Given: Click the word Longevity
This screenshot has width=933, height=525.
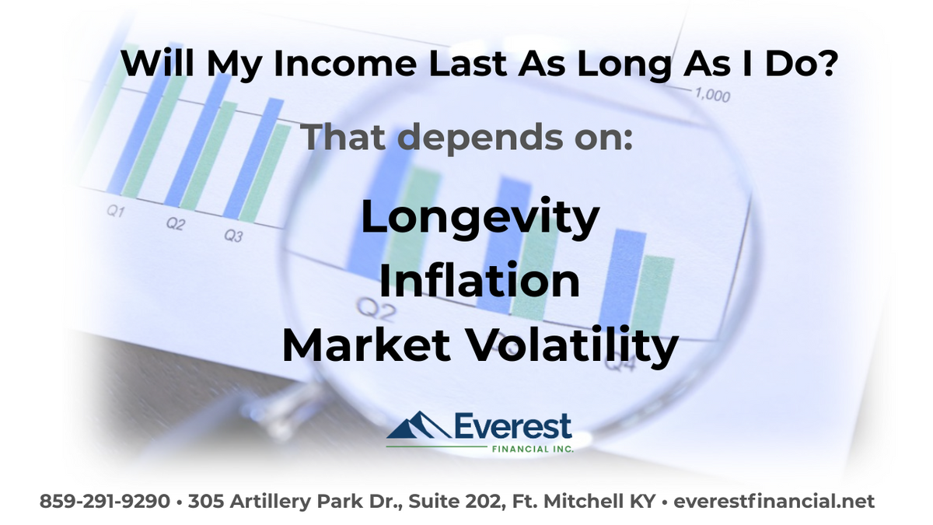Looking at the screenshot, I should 480,219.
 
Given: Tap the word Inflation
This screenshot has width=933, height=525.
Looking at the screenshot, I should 479,282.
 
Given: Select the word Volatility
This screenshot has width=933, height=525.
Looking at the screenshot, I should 573,346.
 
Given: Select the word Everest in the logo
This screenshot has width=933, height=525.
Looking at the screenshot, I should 512,425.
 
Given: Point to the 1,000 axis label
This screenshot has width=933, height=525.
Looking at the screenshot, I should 712,96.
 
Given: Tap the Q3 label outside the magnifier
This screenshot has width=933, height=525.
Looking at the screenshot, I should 232,236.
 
